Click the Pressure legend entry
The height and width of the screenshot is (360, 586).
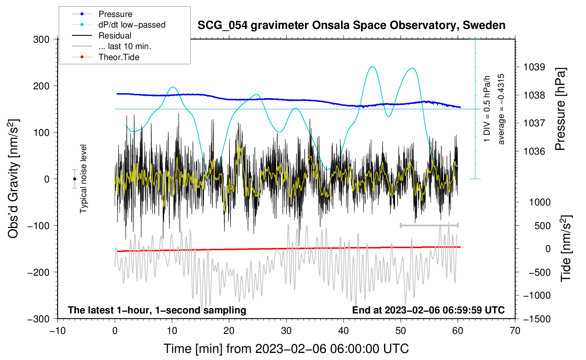point(102,14)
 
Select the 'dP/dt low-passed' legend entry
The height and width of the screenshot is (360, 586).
point(119,25)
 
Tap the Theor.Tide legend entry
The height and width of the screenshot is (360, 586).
point(106,57)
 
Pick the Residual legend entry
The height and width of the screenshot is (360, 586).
point(102,36)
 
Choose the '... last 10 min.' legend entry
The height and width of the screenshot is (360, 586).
point(112,46)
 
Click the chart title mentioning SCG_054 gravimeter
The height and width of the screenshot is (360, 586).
point(351,25)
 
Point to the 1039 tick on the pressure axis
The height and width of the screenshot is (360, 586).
point(534,67)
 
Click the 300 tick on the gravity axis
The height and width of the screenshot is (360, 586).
point(41,40)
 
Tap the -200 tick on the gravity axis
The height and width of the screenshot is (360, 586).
point(38,272)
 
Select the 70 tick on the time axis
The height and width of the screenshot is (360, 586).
point(515,331)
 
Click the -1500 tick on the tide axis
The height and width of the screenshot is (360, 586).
point(537,319)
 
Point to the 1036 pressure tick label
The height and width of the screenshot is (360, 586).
point(534,151)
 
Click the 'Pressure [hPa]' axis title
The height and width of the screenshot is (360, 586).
point(560,109)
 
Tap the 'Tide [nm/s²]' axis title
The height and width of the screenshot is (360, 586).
point(566,248)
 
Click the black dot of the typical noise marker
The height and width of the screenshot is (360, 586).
point(74,179)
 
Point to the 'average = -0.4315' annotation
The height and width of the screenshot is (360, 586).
point(501,109)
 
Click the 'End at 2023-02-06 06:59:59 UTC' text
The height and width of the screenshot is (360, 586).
point(428,310)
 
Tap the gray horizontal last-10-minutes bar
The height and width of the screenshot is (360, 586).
point(429,225)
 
